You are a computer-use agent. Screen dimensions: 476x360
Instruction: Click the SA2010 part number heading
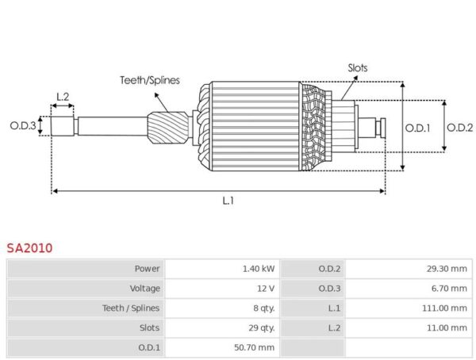pos(30,248)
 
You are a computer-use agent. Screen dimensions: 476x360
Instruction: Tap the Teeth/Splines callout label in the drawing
pos(150,80)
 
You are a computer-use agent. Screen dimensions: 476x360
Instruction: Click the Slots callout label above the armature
pos(358,67)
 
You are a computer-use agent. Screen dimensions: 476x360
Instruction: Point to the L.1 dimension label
pos(228,201)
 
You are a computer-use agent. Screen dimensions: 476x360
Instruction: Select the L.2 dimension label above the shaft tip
pos(63,97)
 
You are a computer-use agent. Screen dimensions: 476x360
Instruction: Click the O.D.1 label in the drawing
pos(418,128)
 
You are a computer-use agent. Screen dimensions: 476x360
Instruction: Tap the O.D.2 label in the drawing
pos(459,128)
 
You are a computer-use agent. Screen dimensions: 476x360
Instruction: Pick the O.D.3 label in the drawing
pos(23,125)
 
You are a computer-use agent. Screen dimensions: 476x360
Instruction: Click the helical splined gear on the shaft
pos(168,128)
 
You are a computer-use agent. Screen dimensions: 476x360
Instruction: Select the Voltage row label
pos(145,289)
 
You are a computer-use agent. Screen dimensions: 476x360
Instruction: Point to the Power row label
pos(148,269)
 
